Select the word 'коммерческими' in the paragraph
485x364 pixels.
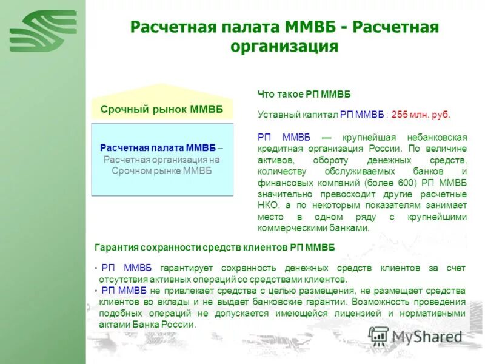pyautogui.click(x=288, y=228)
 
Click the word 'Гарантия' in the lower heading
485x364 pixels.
pyautogui.click(x=116, y=248)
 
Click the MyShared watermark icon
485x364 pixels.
pyautogui.click(x=378, y=335)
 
